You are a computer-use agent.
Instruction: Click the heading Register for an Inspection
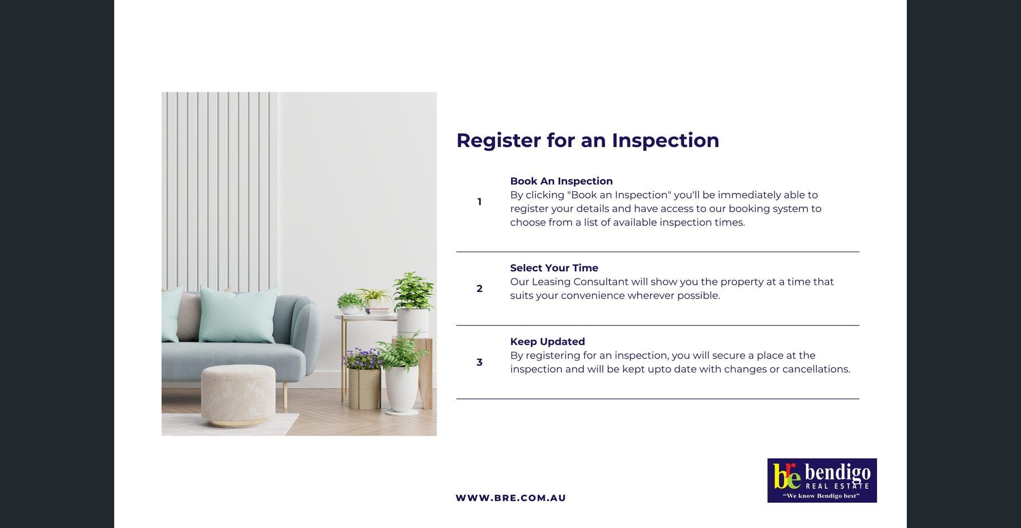(x=588, y=140)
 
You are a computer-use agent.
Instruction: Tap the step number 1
(x=479, y=202)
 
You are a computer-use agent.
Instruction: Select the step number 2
(x=479, y=289)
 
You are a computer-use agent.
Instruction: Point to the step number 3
(x=479, y=362)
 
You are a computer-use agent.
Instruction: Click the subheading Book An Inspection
(x=561, y=181)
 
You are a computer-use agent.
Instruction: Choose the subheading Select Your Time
(x=554, y=268)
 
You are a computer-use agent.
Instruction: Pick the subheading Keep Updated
(x=547, y=342)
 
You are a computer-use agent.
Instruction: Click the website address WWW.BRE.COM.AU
(x=511, y=498)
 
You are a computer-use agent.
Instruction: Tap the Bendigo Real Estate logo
(x=822, y=480)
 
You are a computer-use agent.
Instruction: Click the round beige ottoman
(x=238, y=395)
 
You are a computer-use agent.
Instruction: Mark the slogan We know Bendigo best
(x=821, y=496)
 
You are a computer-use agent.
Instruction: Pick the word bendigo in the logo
(x=837, y=473)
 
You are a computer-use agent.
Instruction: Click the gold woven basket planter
(x=364, y=388)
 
